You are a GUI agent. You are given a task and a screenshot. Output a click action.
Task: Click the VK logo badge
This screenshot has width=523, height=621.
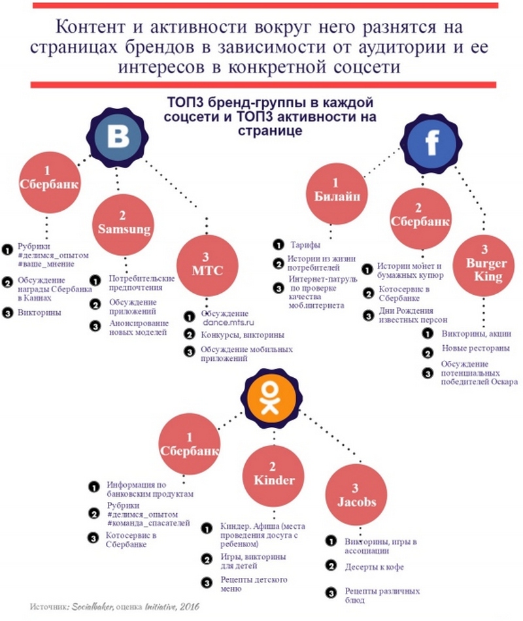coord(117,137)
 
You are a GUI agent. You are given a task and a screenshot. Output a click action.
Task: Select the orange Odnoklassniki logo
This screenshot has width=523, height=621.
coord(271,398)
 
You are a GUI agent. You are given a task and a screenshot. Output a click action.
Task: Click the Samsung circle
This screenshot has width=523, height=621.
coord(124,225)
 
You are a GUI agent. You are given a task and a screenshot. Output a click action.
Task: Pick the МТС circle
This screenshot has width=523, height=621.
coord(207,265)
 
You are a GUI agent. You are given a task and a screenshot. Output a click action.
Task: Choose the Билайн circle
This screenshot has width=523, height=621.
coord(337,193)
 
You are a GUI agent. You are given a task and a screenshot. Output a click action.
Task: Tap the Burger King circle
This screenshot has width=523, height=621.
coord(484,266)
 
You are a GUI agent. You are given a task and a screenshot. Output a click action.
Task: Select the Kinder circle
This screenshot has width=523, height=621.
coord(273,476)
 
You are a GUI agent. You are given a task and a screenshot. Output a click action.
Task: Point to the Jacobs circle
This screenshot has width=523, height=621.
coord(356,495)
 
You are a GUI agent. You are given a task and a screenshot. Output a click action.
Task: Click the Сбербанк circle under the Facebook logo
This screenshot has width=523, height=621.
coord(420,219)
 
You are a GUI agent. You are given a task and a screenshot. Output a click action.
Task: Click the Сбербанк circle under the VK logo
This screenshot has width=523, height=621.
coord(50,182)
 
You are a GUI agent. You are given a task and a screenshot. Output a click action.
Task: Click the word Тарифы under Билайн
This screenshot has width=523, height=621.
coord(305,244)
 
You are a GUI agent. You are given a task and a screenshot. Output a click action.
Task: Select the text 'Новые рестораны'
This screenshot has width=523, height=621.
coord(476,348)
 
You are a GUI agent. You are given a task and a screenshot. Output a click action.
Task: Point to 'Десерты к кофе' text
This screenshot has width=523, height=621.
coord(375,567)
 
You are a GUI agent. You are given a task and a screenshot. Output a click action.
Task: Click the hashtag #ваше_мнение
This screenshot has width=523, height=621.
coord(46,264)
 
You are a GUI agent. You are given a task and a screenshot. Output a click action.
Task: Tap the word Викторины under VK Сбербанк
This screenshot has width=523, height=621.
coord(40,312)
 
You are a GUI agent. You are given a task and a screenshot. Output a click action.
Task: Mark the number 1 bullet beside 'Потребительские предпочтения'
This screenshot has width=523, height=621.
coord(95,280)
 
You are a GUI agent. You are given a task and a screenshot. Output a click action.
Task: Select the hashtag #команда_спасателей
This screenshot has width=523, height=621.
coord(148,523)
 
